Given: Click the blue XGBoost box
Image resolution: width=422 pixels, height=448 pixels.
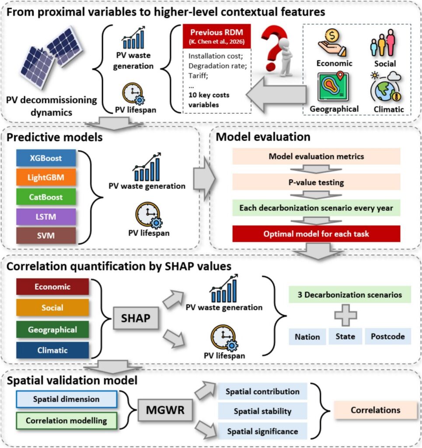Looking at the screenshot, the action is (46, 157).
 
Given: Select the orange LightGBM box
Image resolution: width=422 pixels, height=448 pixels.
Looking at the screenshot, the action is (46, 177).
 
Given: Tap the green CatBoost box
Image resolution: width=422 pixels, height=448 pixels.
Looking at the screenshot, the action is (46, 196).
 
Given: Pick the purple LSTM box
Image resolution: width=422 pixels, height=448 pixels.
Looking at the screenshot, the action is (46, 217).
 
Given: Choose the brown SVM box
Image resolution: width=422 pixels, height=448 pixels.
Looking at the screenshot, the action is (46, 235).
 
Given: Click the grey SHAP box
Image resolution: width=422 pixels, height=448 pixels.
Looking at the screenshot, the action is (136, 318).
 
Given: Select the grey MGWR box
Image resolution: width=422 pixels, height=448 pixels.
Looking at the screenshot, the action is (165, 410).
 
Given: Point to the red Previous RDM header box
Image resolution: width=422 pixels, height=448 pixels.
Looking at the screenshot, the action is (217, 36).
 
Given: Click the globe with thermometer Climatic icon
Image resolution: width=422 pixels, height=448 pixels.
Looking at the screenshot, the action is (386, 87).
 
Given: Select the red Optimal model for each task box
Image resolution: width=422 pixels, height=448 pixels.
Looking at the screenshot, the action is (316, 234).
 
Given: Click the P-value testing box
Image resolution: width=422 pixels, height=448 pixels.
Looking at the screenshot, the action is (316, 182).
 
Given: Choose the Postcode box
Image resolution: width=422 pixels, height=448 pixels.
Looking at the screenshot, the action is (388, 336).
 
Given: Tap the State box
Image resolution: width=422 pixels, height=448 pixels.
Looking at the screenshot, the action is (345, 336).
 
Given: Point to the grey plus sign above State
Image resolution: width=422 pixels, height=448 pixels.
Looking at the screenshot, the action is (345, 315).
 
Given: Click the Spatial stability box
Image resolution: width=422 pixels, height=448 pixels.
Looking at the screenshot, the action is (262, 411).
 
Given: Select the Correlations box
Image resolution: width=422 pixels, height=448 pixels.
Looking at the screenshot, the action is (376, 410).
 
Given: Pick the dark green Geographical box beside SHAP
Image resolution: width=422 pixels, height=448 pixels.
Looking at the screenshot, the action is (52, 329).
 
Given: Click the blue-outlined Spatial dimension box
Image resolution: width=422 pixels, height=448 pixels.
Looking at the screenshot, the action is (66, 399).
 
